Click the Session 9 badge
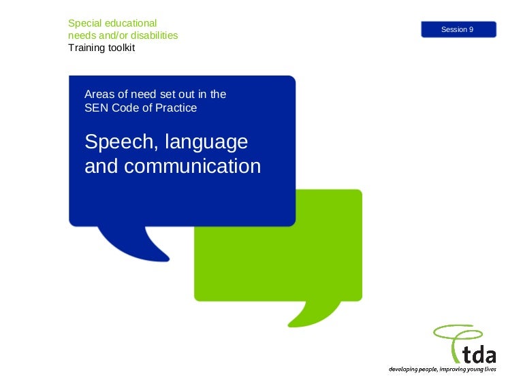click(x=458, y=29)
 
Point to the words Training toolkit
click(x=101, y=48)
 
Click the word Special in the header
click(x=84, y=23)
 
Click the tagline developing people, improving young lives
click(x=442, y=370)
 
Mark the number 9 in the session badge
click(x=471, y=29)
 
